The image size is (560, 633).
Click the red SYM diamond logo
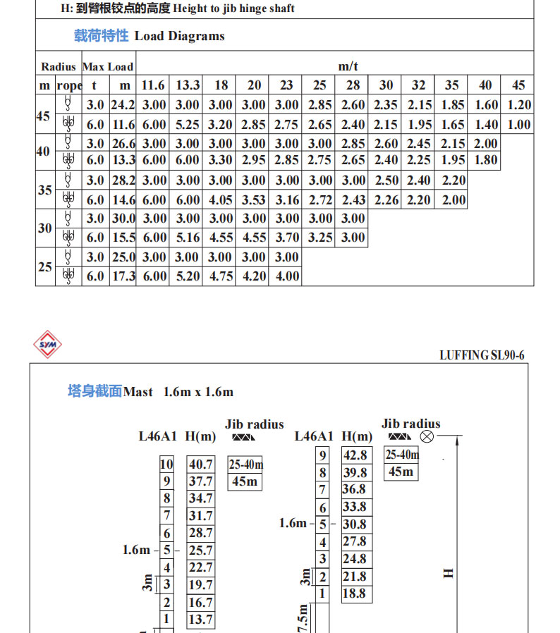(48, 345)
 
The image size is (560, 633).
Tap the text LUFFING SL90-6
(482, 355)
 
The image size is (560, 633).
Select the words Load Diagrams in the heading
(179, 36)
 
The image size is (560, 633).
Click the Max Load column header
(108, 67)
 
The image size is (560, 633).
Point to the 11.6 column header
(153, 85)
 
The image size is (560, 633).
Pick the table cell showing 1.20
(518, 105)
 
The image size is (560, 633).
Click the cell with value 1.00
(518, 125)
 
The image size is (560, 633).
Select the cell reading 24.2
(124, 105)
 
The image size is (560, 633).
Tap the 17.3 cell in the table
(124, 276)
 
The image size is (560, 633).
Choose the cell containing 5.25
(188, 125)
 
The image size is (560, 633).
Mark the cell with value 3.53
(254, 200)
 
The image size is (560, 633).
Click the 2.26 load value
(386, 200)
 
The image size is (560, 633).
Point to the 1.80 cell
(485, 160)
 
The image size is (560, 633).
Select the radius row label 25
(45, 267)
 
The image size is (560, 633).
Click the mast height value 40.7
(200, 465)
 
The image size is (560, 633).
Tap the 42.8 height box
(355, 455)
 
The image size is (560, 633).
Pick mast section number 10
(166, 465)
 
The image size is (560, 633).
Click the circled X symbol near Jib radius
(427, 437)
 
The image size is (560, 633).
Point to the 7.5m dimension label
(303, 619)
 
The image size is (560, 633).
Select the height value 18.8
(355, 594)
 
